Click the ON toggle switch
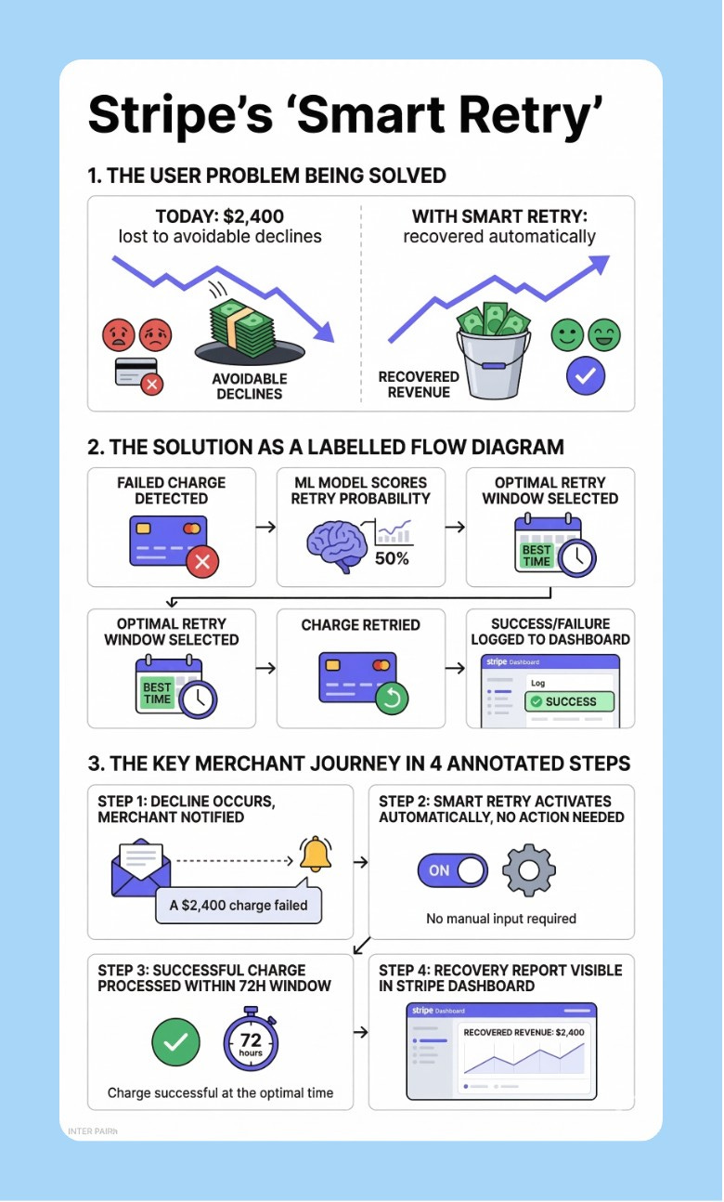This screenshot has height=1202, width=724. [x=452, y=870]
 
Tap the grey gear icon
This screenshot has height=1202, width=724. [x=528, y=870]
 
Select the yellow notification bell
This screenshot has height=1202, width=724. [x=316, y=853]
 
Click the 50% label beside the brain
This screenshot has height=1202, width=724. [x=391, y=558]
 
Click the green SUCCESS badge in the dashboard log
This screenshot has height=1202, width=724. [x=569, y=701]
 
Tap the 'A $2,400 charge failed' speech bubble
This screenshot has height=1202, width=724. [x=239, y=904]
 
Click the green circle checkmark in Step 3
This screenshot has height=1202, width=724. [x=175, y=1041]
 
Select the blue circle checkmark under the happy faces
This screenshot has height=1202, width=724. [x=586, y=375]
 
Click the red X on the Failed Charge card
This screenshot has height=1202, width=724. [x=202, y=561]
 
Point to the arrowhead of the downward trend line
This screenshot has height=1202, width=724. [x=324, y=333]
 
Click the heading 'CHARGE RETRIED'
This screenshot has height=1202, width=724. [x=360, y=625]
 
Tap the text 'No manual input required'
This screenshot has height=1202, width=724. [x=501, y=919]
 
